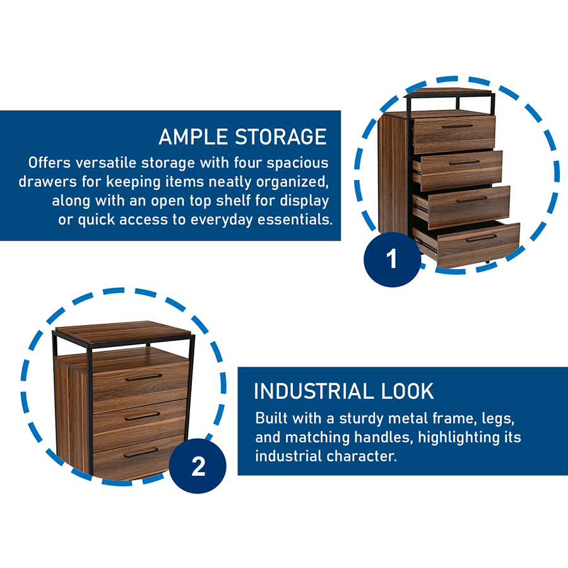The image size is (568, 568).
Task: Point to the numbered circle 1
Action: coord(392,259)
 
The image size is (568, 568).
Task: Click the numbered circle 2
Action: coord(198,467)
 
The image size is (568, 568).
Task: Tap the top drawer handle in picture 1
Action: coord(457,126)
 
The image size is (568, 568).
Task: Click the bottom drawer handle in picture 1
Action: coord(482,238)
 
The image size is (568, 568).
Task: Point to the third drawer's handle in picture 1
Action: coord(472,199)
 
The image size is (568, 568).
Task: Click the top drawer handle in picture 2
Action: coord(143,377)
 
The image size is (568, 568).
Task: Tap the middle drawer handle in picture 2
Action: coord(142,416)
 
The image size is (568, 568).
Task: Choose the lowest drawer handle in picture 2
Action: coord(141,453)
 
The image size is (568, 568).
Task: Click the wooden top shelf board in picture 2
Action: coord(123,331)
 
